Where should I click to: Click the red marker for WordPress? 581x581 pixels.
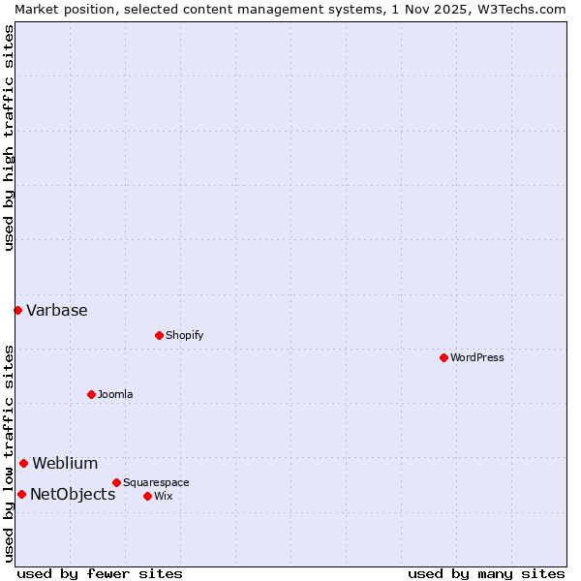pos(443,357)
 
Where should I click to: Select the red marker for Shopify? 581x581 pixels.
pos(159,335)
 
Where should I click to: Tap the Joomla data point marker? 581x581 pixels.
pos(91,394)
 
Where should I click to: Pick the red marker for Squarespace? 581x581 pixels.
pos(116,482)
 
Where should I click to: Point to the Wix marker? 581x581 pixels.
pos(147,496)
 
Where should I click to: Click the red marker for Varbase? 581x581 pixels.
pos(17,310)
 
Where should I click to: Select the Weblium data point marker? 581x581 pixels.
pos(23,463)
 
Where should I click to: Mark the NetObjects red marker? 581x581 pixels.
pos(21,494)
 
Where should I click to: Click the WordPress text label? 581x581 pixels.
pos(477,357)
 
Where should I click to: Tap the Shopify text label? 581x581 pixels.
pos(184,335)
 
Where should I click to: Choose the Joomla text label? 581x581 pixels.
pos(115,394)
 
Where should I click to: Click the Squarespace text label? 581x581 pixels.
pos(156,482)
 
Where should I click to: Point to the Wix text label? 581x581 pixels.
pos(163,496)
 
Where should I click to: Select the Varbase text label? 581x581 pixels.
pos(57,310)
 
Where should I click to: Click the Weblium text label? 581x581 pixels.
pos(65,463)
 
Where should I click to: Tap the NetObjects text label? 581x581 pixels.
pos(73,494)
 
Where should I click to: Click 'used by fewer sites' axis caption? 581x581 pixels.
pos(100,573)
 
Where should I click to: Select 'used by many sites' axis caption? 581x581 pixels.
pos(486,573)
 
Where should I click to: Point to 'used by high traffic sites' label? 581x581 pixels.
pos(9,138)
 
